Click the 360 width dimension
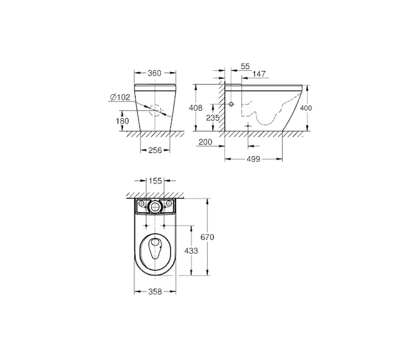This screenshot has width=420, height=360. [155, 73]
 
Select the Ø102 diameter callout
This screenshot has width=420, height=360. [120, 97]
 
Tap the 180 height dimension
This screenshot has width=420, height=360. [122, 121]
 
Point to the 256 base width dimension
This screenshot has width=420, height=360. [155, 150]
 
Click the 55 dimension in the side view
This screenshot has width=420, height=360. [245, 66]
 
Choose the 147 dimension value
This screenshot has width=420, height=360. [259, 74]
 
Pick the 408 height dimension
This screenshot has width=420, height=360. [196, 108]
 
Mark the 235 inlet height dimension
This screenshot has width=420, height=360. [213, 118]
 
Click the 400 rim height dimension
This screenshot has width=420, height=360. [306, 108]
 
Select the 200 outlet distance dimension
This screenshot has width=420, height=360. [205, 142]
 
